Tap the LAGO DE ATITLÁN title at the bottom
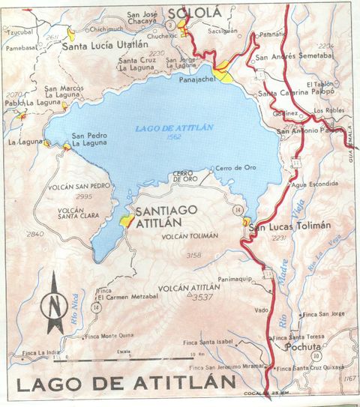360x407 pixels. tap(124, 385)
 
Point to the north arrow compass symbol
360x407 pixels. tap(52, 303)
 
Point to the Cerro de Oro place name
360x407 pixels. tap(235, 168)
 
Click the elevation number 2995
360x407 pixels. tap(83, 196)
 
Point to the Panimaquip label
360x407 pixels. tap(236, 277)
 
